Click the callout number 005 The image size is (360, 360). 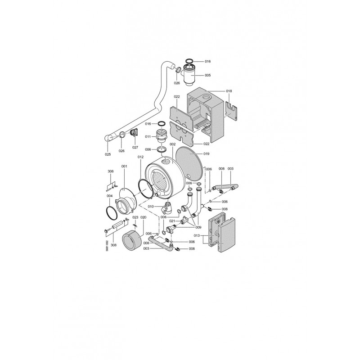click(207, 75)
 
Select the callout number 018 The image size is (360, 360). click(229, 91)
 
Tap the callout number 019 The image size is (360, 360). click(207, 153)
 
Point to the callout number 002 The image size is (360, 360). click(172, 144)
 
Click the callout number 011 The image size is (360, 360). click(148, 137)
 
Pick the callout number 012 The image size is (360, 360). click(140, 157)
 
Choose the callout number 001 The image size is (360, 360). click(124, 166)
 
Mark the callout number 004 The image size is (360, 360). click(109, 196)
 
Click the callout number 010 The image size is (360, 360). click(151, 207)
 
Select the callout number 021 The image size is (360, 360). click(172, 221)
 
